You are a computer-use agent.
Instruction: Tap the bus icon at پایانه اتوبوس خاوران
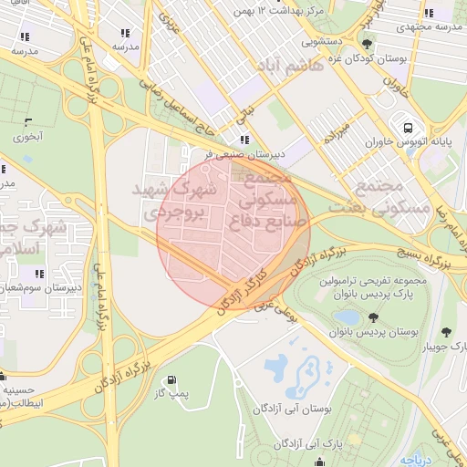[x=406, y=127]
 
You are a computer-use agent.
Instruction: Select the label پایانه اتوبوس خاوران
[x=404, y=143]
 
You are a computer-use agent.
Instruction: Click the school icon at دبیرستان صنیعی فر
[x=244, y=140]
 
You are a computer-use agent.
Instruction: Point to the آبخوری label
[x=27, y=137]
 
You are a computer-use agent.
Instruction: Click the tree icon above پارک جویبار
[x=446, y=332]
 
